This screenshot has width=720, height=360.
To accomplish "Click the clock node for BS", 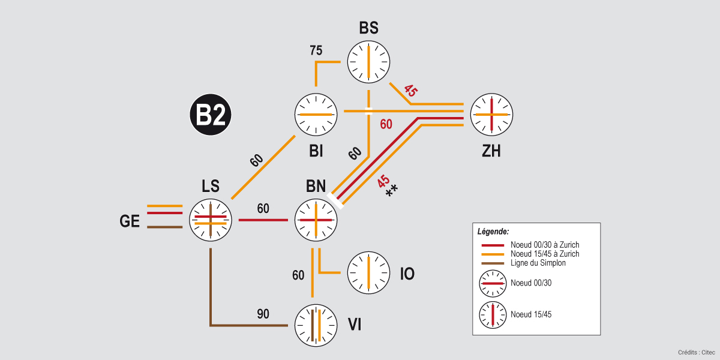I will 368,62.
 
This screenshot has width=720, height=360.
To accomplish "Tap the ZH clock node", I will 491,114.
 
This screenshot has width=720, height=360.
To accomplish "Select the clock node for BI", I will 316,114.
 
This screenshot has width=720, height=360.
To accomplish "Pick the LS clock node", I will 211,220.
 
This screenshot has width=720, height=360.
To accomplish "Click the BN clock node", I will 316,220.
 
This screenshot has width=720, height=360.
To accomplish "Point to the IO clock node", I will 368,273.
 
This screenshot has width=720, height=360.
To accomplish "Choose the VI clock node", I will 316,325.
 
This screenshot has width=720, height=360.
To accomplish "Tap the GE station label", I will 130,221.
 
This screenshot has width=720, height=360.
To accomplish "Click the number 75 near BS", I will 316,50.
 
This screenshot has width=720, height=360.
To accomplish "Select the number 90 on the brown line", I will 263,314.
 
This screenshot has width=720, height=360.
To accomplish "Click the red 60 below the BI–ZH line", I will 386,124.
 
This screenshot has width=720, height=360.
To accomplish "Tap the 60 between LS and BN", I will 263,209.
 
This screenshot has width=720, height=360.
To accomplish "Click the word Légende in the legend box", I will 493,231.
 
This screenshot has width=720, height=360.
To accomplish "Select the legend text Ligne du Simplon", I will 538,263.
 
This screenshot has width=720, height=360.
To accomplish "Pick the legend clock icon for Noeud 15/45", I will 492,314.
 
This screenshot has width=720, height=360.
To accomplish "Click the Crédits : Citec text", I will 696,352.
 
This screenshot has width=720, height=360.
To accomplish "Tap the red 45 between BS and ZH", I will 410,91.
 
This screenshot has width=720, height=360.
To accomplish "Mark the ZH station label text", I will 491,151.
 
